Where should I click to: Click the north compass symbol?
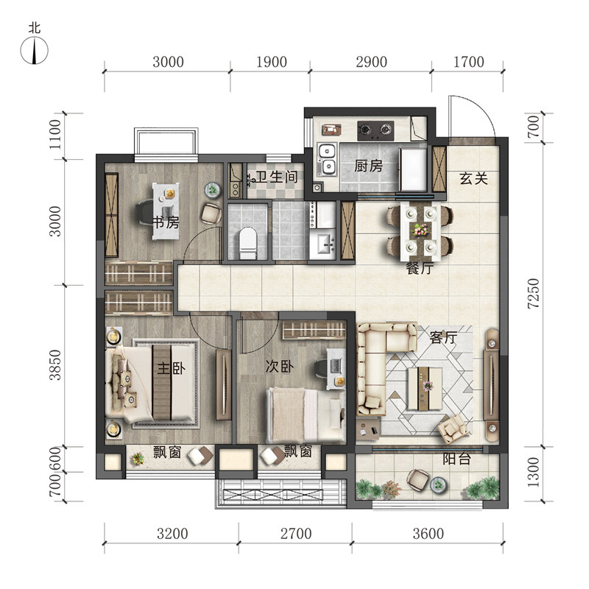pyautogui.click(x=34, y=50)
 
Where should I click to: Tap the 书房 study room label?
pyautogui.click(x=166, y=223)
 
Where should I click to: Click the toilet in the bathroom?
pyautogui.click(x=247, y=243)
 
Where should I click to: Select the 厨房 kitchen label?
pyautogui.click(x=368, y=166)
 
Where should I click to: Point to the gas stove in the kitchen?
pyautogui.click(x=375, y=130)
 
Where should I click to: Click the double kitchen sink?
pyautogui.click(x=328, y=159)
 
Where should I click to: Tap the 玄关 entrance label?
pyautogui.click(x=473, y=178)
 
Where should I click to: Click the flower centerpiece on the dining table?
pyautogui.click(x=420, y=229)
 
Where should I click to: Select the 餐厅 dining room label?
pyautogui.click(x=420, y=268)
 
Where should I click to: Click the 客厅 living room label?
pyautogui.click(x=443, y=338)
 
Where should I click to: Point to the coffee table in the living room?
pyautogui.click(x=426, y=389)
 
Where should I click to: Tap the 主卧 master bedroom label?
pyautogui.click(x=172, y=368)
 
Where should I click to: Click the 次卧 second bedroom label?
pyautogui.click(x=280, y=366)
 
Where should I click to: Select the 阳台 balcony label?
pyautogui.click(x=456, y=459)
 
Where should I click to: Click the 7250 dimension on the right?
pyautogui.click(x=533, y=294)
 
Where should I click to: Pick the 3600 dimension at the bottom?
pyautogui.click(x=428, y=533)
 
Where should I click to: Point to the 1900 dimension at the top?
pyautogui.click(x=271, y=62)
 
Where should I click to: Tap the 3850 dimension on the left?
pyautogui.click(x=54, y=364)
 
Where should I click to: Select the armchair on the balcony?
pyautogui.click(x=417, y=479)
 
